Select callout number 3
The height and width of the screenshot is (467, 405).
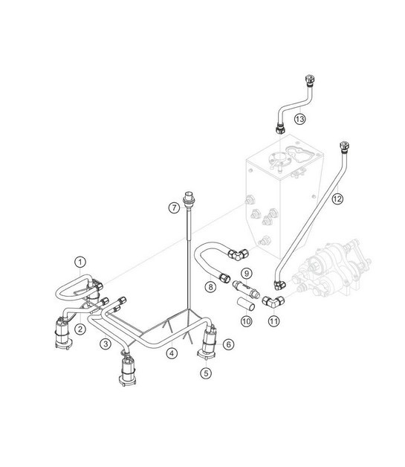point(107,344)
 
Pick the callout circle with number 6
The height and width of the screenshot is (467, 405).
point(228,344)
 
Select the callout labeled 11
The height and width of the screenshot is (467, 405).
point(275,321)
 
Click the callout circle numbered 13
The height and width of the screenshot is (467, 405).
point(299,118)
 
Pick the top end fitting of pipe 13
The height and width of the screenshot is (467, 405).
point(308,80)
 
